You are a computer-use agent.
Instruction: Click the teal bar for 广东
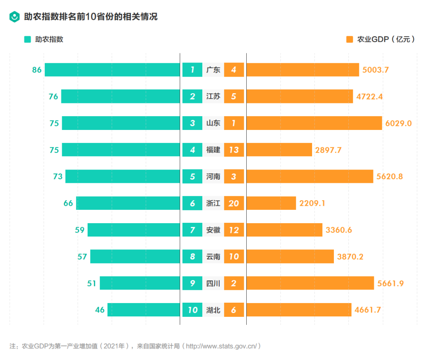112,70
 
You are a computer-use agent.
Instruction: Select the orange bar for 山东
314,123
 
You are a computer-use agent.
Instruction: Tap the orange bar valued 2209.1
271,203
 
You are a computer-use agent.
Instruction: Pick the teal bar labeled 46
144,310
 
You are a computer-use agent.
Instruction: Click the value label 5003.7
375,70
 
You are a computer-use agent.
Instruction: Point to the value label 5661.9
390,283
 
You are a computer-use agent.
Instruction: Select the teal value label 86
37,70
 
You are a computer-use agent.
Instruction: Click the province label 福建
213,150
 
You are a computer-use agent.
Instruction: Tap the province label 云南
213,256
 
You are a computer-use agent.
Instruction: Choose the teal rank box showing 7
192,230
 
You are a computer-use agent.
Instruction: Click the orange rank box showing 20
234,203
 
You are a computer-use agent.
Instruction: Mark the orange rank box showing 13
234,150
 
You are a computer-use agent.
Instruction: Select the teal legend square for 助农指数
27,40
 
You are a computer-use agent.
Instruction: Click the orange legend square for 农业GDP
350,40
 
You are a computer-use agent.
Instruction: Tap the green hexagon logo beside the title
15,17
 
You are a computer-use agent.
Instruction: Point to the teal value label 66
68,203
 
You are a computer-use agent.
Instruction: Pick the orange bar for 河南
310,176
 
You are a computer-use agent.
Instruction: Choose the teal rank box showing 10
192,310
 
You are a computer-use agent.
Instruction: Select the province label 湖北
213,310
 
